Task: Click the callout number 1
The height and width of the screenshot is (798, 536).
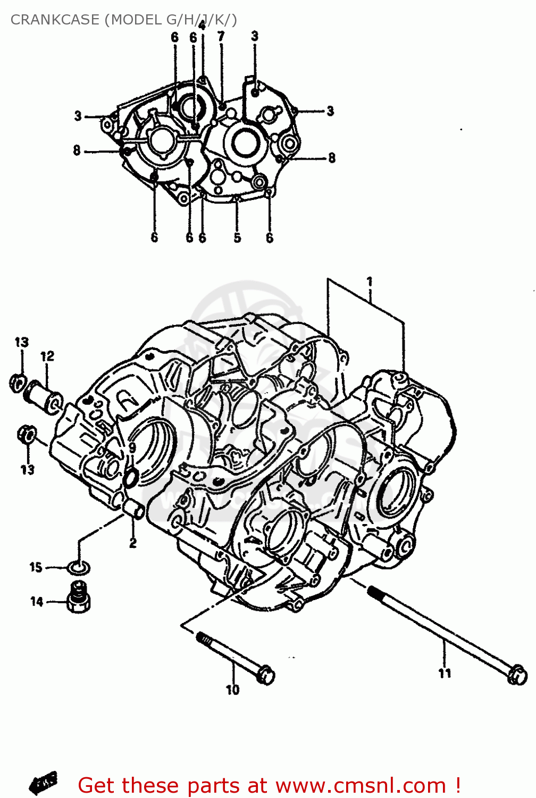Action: [369, 281]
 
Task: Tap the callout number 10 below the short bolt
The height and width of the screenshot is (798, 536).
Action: [233, 690]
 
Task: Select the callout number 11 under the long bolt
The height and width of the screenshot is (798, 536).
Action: [445, 673]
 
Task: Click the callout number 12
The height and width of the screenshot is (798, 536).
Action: [47, 356]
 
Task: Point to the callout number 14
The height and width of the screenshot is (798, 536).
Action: [36, 602]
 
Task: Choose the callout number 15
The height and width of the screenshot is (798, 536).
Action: [36, 567]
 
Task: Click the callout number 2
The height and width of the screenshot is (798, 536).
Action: [132, 543]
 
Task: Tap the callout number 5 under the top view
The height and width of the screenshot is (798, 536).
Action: [237, 238]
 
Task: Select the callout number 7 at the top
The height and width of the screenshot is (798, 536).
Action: [221, 36]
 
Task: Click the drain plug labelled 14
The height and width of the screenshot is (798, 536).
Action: [79, 598]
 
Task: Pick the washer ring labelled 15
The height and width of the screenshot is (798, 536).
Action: [79, 568]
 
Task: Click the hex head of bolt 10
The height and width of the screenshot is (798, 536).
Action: [265, 675]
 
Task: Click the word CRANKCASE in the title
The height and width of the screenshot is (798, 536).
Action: [55, 20]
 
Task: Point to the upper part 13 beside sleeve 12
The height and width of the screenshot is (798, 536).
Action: [18, 381]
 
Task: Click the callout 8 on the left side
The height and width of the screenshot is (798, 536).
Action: [77, 151]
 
